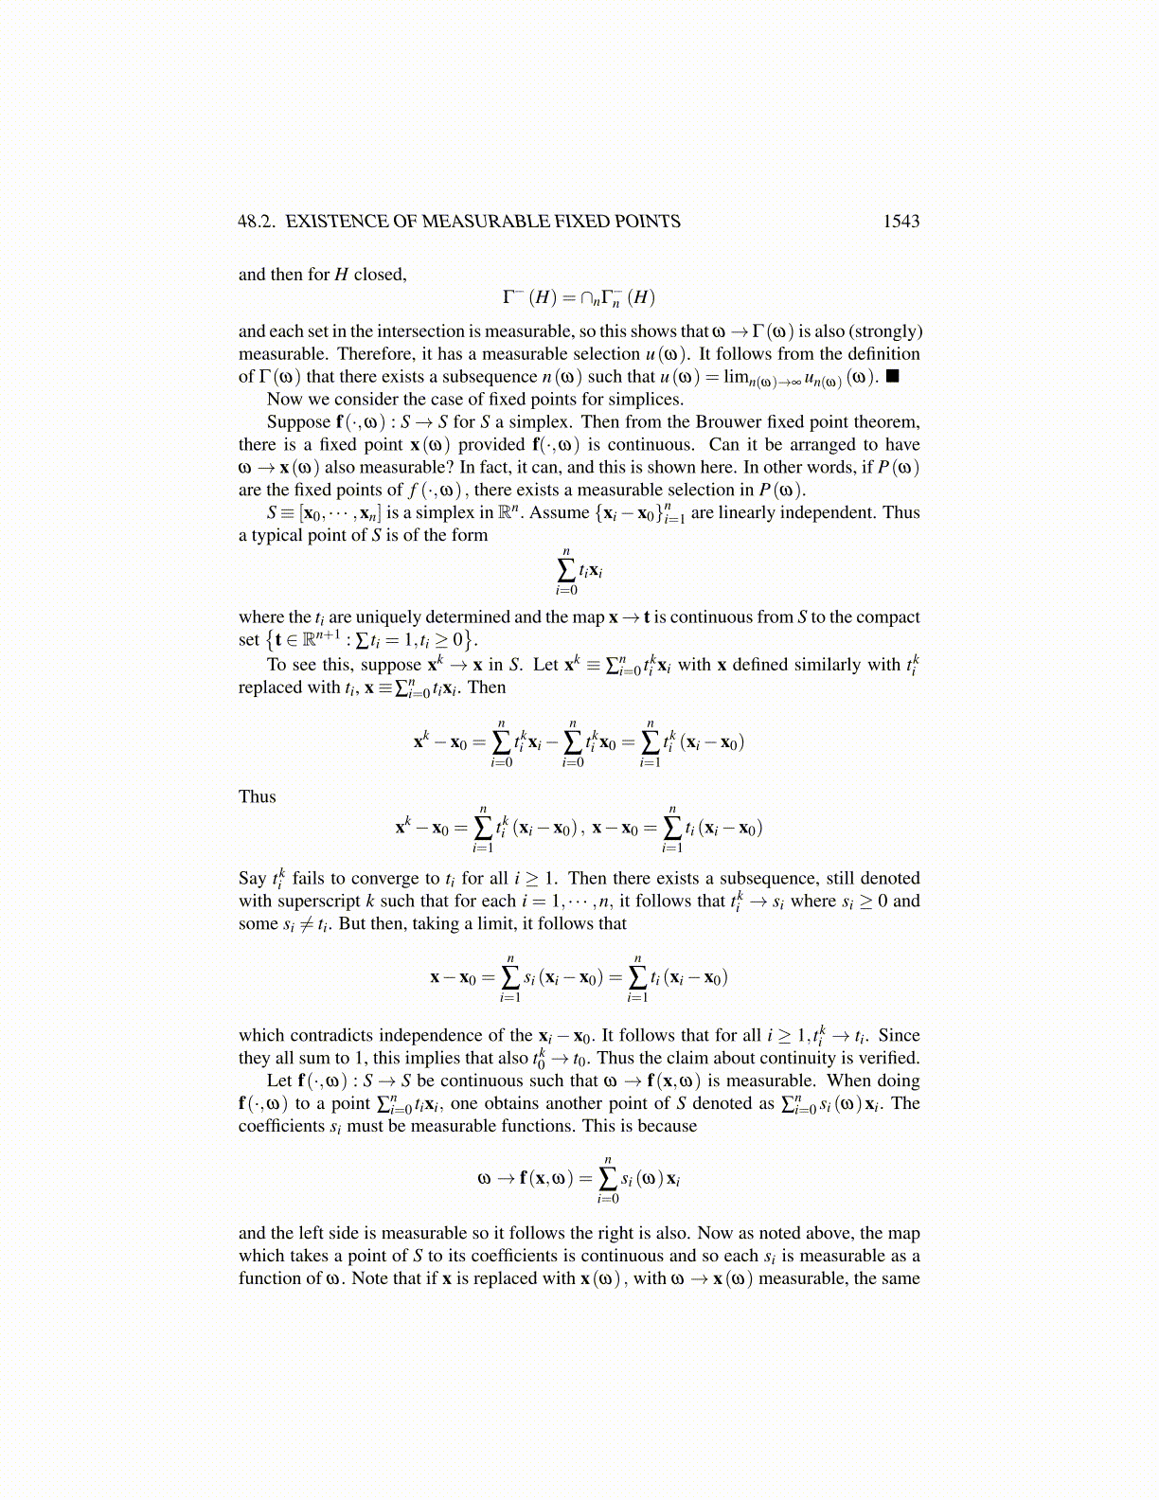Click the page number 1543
[900, 222]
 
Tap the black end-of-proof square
[892, 376]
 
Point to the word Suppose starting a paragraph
[298, 421]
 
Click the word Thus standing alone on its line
[258, 796]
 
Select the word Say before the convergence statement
[253, 878]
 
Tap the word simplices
[648, 399]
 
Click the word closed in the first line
[379, 275]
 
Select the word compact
[887, 616]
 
